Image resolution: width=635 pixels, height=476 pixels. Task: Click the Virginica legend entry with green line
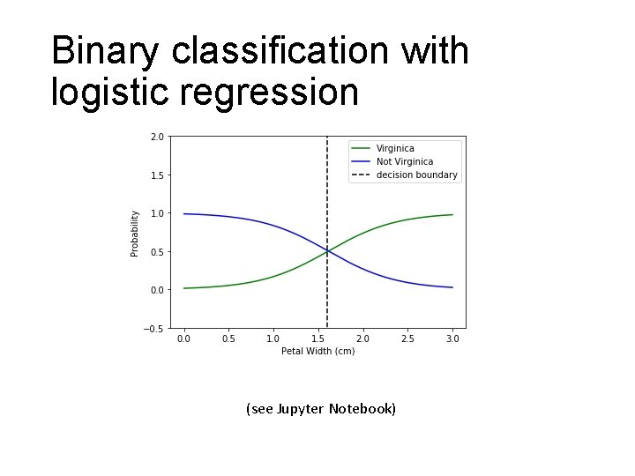(394, 148)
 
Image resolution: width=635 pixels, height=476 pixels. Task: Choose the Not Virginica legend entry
(404, 161)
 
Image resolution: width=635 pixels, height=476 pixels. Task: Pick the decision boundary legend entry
(416, 175)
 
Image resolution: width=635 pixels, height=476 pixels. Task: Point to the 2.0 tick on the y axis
(156, 137)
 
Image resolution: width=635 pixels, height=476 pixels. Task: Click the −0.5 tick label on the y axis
(153, 329)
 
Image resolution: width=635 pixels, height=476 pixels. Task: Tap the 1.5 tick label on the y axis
(156, 175)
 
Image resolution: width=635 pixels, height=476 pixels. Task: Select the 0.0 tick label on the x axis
(183, 338)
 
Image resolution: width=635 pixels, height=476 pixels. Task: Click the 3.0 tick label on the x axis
(452, 338)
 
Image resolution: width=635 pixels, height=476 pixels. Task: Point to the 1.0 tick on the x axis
(273, 338)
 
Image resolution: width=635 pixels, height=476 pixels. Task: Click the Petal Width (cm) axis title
(317, 351)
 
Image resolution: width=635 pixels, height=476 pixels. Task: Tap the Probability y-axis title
(135, 233)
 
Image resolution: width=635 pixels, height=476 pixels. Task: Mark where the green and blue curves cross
(327, 251)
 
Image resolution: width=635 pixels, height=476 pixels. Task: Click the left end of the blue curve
(184, 214)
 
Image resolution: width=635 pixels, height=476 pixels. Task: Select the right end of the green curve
(452, 214)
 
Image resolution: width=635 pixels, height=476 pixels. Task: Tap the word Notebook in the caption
(362, 409)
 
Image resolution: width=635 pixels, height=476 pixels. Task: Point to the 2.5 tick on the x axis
(407, 338)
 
